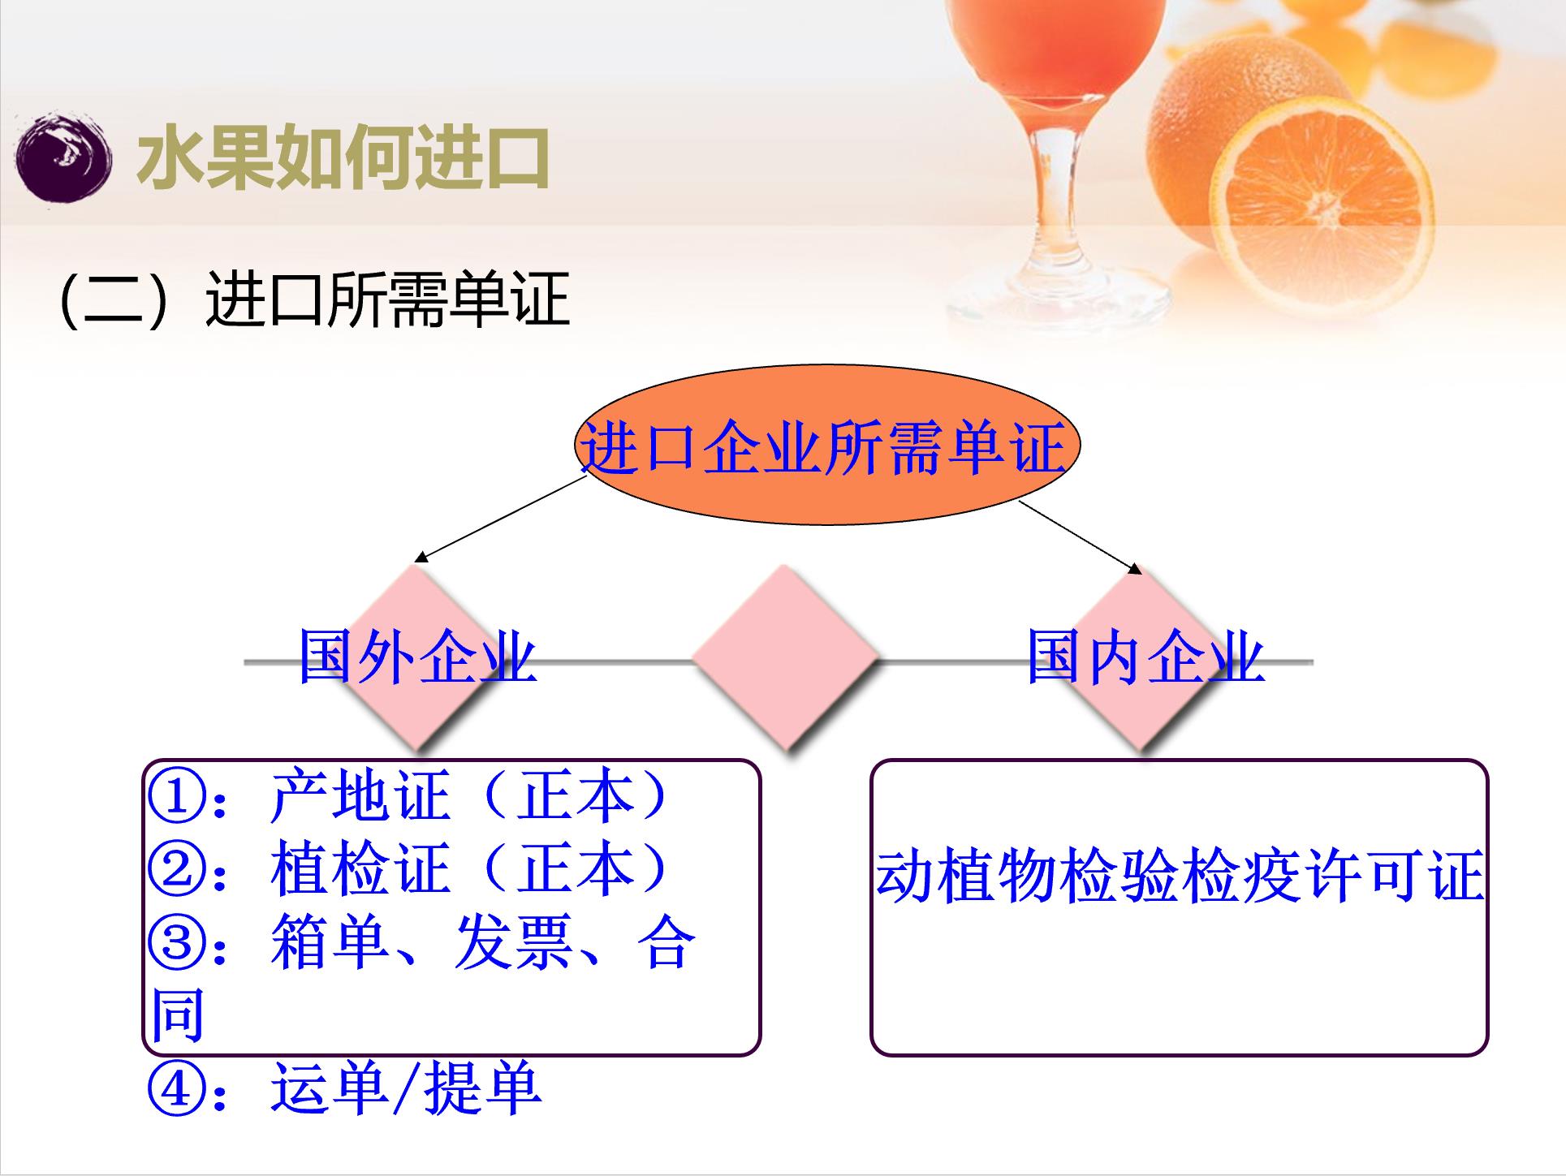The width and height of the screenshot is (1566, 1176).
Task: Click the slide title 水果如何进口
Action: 343,158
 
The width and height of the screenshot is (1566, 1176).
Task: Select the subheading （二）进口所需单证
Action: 313,299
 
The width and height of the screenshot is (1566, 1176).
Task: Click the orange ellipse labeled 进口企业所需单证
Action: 827,445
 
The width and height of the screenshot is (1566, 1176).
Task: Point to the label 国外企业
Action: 417,655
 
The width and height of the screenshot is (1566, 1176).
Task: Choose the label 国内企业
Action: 1145,655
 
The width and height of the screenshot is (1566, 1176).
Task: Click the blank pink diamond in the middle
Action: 784,657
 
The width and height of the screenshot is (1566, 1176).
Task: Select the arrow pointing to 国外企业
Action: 500,519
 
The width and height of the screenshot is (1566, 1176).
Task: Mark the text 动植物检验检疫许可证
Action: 1180,877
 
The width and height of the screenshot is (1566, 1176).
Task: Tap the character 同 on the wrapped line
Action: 177,1015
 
